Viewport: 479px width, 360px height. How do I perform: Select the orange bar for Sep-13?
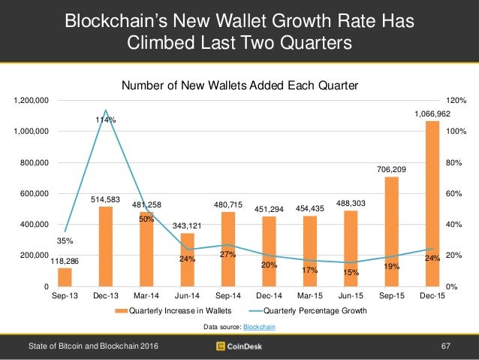click(x=65, y=277)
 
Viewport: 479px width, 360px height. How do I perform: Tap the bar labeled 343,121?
click(x=188, y=260)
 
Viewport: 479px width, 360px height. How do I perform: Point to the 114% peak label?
click(x=105, y=119)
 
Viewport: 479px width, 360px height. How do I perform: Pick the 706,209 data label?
click(x=391, y=170)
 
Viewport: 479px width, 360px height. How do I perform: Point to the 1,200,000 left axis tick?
click(x=32, y=100)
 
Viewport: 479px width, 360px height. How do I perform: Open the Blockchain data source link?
click(x=258, y=327)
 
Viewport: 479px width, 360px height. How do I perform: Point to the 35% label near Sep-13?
click(x=66, y=241)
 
